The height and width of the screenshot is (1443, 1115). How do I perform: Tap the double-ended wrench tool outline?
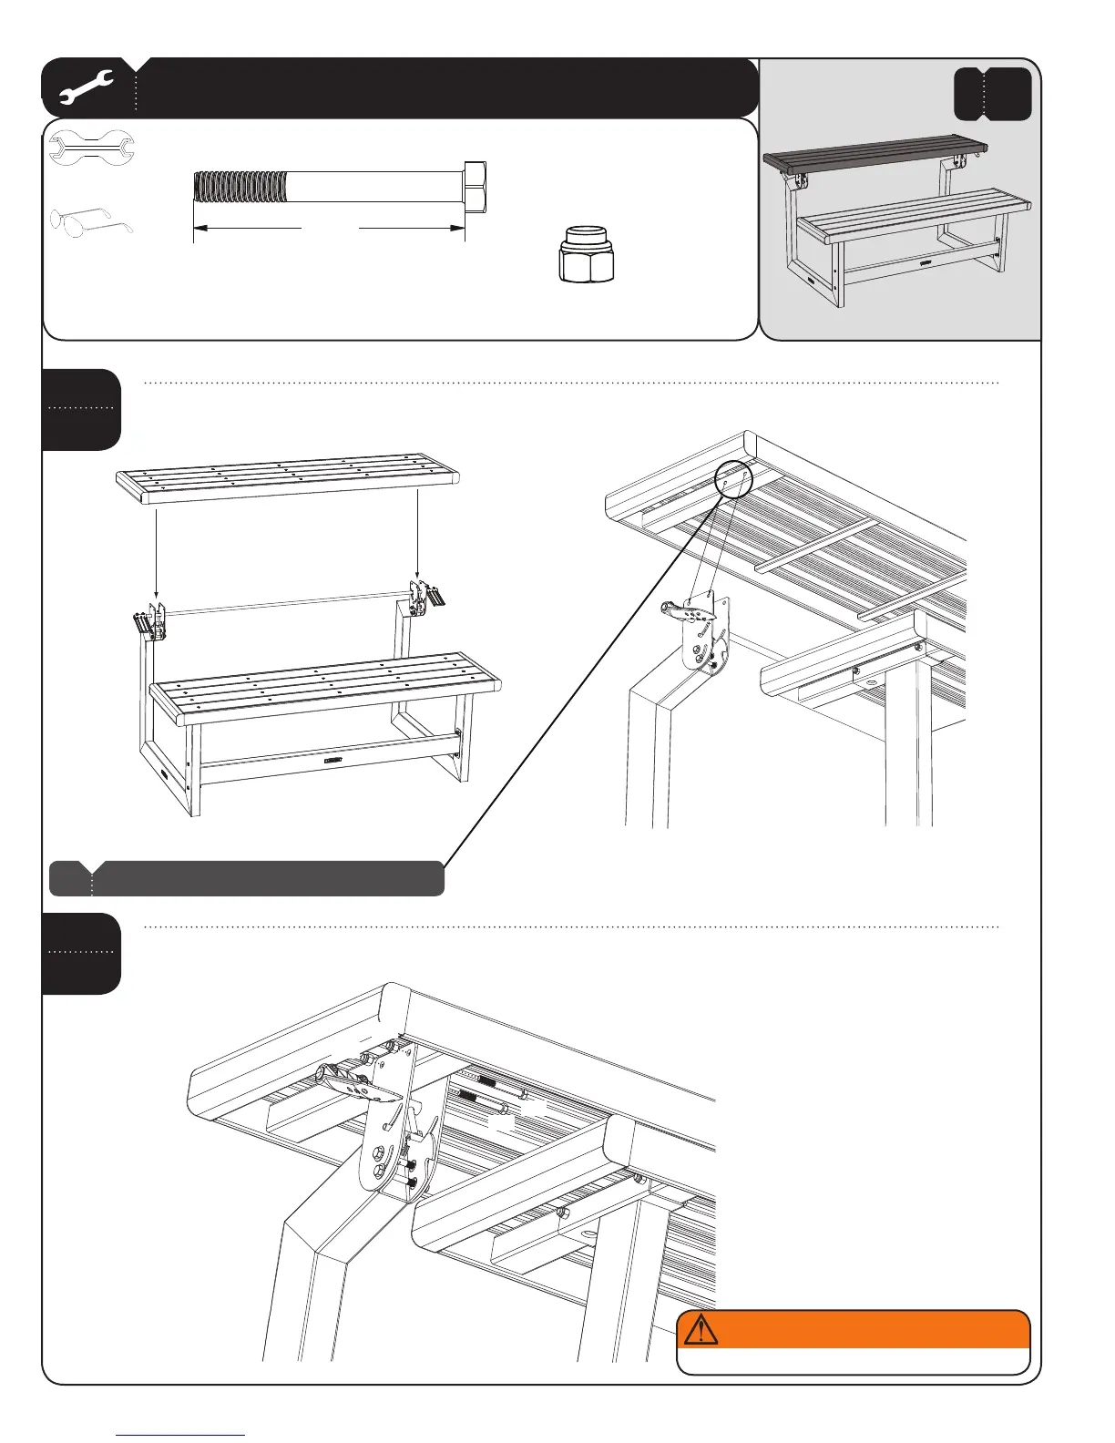pos(91,149)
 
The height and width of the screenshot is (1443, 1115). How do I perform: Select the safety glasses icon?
pos(91,221)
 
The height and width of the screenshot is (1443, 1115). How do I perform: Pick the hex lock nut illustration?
pos(587,253)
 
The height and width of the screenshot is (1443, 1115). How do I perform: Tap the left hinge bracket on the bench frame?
pos(150,623)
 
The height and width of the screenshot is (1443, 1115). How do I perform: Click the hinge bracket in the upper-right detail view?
pos(703,633)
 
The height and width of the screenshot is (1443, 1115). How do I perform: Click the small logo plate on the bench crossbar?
pos(331,757)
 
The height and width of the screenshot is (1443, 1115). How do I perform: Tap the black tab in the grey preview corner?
pos(993,94)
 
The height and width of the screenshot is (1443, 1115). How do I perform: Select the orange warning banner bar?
pos(853,1329)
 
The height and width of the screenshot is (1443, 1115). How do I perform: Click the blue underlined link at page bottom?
pos(180,1435)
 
